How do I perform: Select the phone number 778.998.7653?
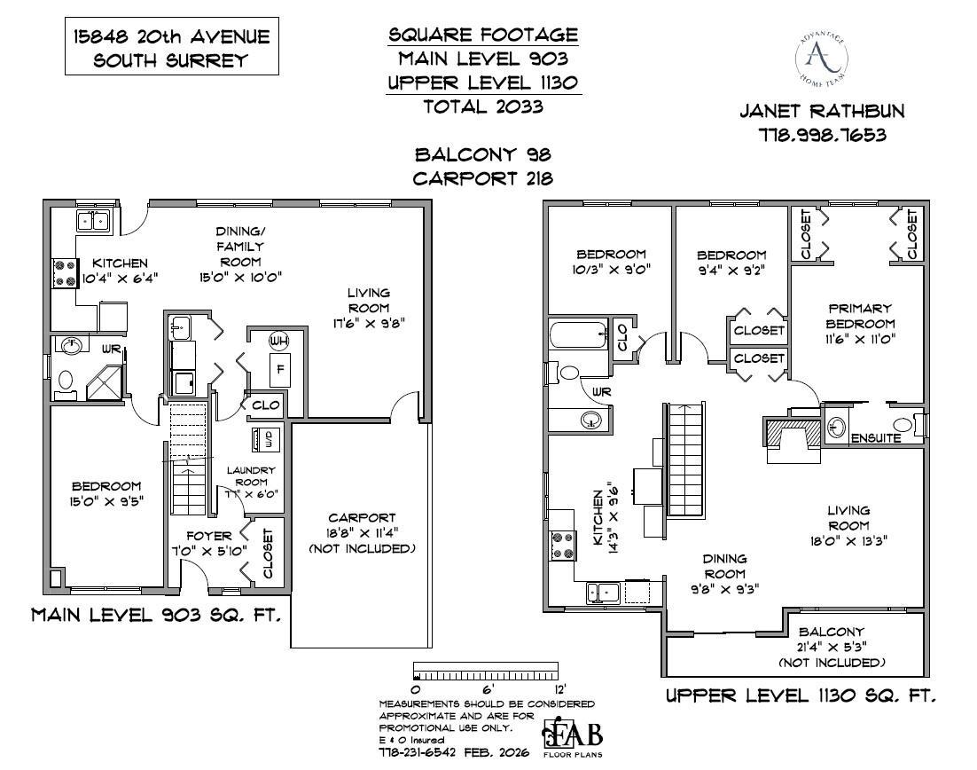823,136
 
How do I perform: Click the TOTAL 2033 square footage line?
483,106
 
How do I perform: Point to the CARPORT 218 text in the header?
483,177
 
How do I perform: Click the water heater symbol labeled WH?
278,342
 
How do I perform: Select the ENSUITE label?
875,438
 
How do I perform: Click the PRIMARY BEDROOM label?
860,324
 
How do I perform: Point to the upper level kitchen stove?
562,544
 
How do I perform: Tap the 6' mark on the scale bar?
486,688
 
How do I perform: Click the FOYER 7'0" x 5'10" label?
209,543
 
